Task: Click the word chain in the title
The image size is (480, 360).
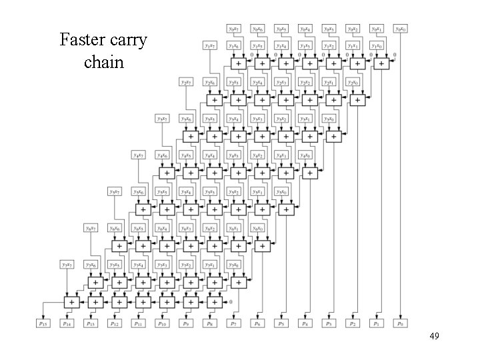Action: pos(104,63)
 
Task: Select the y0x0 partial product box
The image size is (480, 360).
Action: pos(401,29)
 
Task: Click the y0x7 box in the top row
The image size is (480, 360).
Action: pos(235,29)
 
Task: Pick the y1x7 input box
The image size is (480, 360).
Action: pos(211,46)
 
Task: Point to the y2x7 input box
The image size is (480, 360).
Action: pos(187,82)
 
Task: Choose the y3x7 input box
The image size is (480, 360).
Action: pos(164,118)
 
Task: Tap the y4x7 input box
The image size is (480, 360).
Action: pos(140,155)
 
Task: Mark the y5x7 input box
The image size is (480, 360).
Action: pos(115,191)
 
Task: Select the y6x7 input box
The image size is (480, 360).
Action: pos(91,228)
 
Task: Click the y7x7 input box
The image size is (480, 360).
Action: pos(67,264)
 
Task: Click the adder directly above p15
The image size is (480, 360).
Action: pos(70,301)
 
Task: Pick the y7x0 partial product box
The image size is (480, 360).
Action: pos(234,264)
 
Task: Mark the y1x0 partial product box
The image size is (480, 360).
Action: pos(377,46)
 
